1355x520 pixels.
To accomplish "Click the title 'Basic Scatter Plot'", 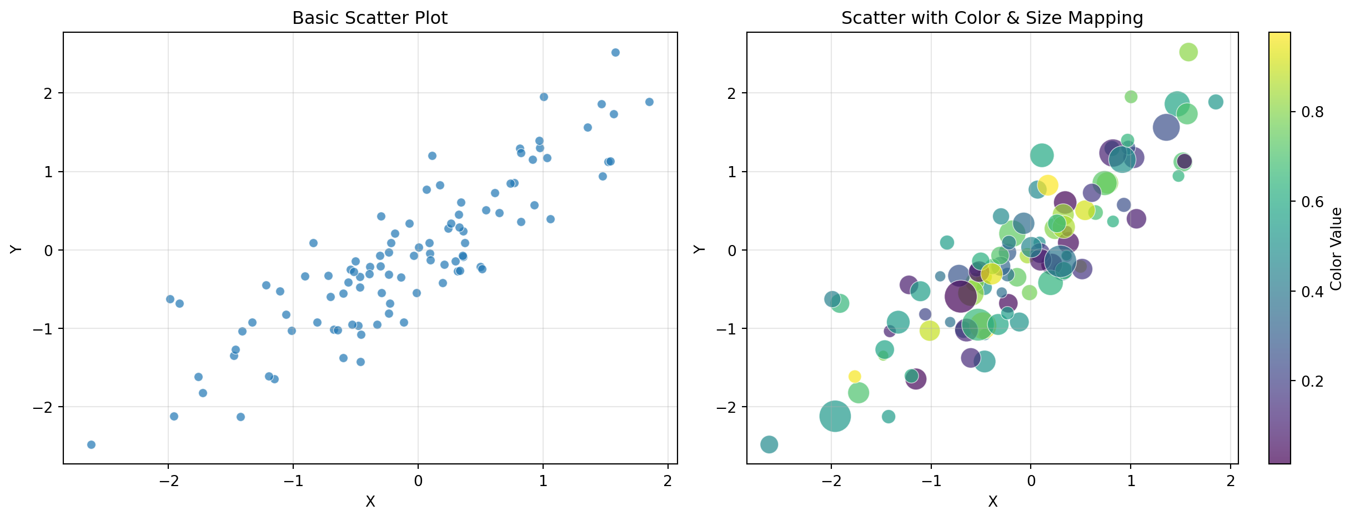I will click(x=369, y=18).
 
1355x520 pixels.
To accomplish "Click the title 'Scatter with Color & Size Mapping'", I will click(x=992, y=18).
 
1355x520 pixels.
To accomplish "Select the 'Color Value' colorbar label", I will click(x=1336, y=249).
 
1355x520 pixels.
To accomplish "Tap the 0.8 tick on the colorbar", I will click(x=1313, y=112).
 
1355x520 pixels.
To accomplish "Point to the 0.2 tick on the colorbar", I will click(x=1313, y=381).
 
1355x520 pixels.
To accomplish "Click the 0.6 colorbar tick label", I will click(x=1313, y=202).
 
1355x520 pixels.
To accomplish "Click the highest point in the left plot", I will click(x=615, y=53).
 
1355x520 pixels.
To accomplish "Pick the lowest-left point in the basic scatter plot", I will click(x=91, y=444).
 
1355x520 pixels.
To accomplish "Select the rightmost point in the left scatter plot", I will click(x=649, y=102).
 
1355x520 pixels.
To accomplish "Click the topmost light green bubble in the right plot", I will click(x=1188, y=52).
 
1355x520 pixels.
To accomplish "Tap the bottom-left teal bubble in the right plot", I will click(x=769, y=444).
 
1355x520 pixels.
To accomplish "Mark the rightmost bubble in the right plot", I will click(x=1216, y=102).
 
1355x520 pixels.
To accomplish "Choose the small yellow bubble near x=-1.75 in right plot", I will click(x=855, y=376).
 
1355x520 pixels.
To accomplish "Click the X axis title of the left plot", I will click(x=370, y=502).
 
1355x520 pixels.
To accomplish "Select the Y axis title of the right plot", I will click(x=699, y=249).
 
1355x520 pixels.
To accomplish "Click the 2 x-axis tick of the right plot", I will click(x=1231, y=481).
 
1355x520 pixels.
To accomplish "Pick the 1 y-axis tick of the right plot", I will click(x=731, y=172).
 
